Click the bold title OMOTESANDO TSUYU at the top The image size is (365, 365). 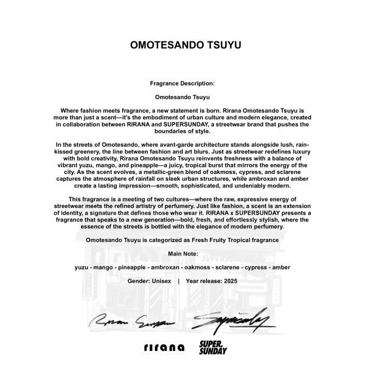click(x=182, y=45)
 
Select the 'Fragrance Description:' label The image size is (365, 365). click(x=182, y=83)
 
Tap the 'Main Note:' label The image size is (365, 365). click(x=182, y=253)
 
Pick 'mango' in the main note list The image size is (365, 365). click(x=106, y=267)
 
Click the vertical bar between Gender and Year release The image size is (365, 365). click(x=178, y=282)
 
